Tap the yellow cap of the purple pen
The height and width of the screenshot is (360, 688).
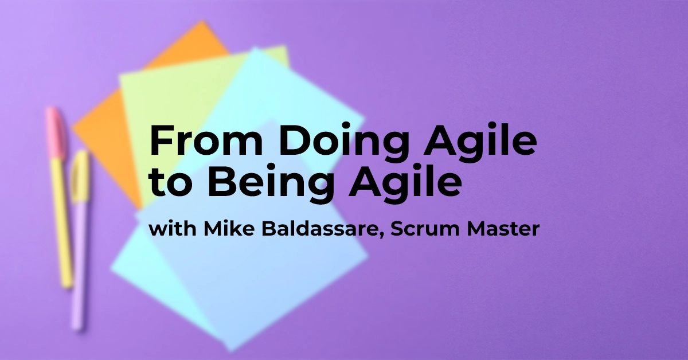[80, 175]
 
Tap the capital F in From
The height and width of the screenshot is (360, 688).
[159, 140]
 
